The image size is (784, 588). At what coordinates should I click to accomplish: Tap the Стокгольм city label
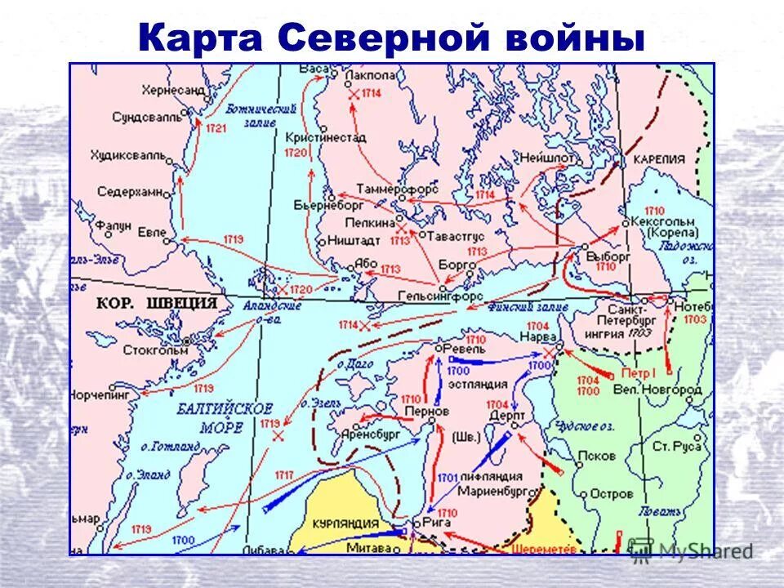(x=155, y=350)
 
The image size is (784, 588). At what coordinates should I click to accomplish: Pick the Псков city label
(x=595, y=456)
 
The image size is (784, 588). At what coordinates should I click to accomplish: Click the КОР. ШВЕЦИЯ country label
(x=157, y=303)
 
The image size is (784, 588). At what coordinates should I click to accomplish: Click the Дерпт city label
(x=504, y=415)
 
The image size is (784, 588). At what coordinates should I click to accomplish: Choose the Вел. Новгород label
(x=657, y=390)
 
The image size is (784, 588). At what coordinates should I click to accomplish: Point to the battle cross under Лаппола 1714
(x=352, y=96)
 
